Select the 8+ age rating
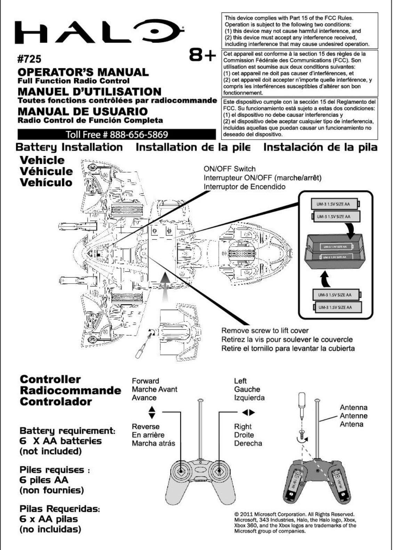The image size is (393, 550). pyautogui.click(x=202, y=56)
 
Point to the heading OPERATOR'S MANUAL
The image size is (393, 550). pyautogui.click(x=83, y=72)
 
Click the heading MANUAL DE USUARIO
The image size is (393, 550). pyautogui.click(x=82, y=111)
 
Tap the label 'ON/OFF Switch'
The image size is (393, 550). pyautogui.click(x=230, y=169)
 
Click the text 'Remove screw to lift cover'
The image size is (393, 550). pyautogui.click(x=265, y=330)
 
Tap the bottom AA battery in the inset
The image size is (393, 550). pyautogui.click(x=337, y=307)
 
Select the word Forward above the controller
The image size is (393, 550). pyautogui.click(x=145, y=381)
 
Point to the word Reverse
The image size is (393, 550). pyautogui.click(x=145, y=426)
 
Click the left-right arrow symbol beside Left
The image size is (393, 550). pyautogui.click(x=249, y=412)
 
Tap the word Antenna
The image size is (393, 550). pyautogui.click(x=353, y=407)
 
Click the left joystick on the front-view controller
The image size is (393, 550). pyautogui.click(x=181, y=470)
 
